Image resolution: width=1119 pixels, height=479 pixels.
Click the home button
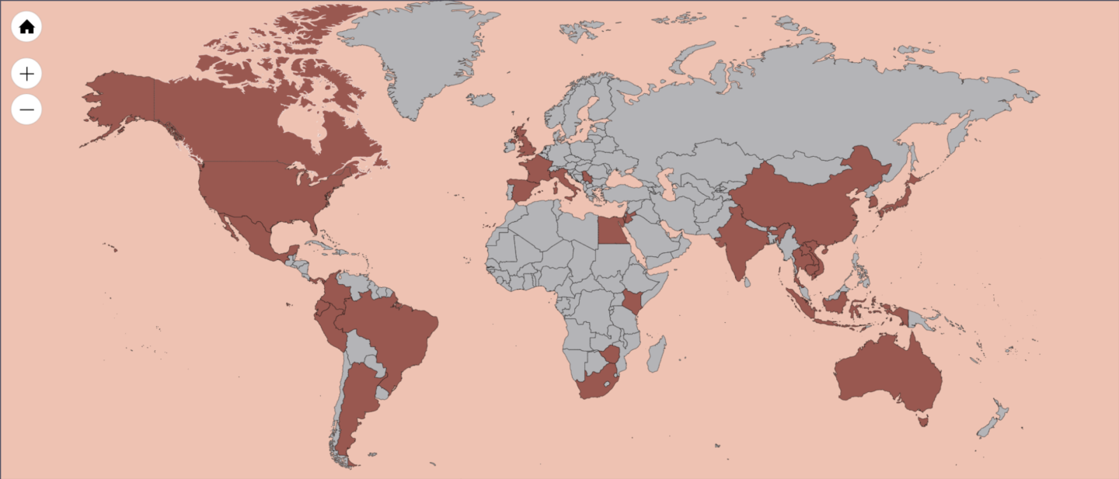(x=26, y=27)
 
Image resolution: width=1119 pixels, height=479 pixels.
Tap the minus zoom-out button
(x=26, y=110)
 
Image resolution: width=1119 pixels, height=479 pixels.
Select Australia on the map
(x=886, y=373)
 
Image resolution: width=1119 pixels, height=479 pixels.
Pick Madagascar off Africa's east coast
(x=657, y=354)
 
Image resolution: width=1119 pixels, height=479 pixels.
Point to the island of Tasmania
(x=923, y=421)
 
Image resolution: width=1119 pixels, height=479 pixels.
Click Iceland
(x=482, y=100)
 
